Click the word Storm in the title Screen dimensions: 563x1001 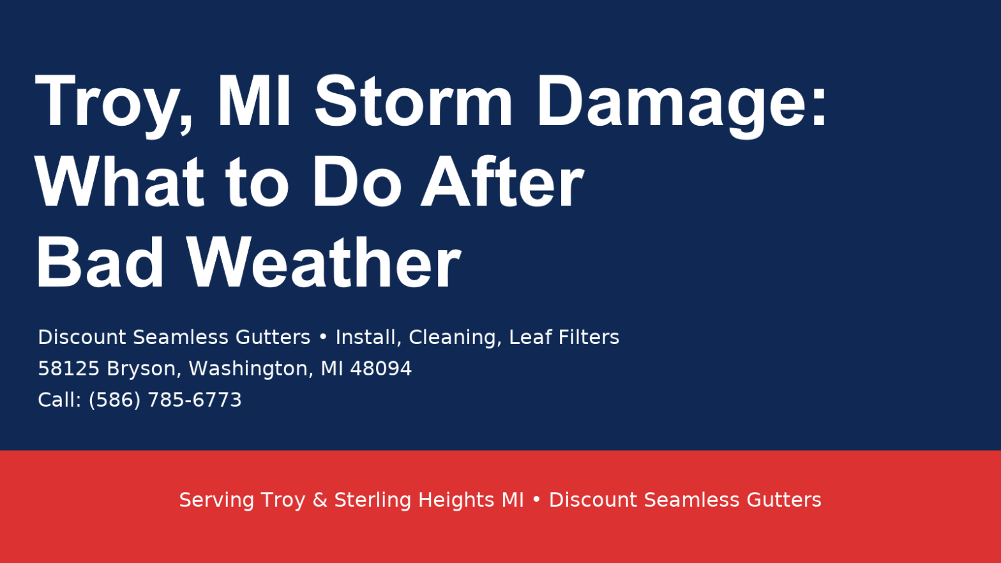click(x=414, y=102)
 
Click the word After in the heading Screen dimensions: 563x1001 click(x=501, y=183)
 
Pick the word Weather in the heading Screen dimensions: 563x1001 click(x=323, y=263)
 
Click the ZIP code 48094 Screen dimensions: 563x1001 click(x=381, y=368)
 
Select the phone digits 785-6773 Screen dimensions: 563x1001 click(x=195, y=400)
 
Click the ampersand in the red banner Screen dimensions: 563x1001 click(x=320, y=500)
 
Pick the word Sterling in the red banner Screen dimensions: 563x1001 click(x=373, y=500)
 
